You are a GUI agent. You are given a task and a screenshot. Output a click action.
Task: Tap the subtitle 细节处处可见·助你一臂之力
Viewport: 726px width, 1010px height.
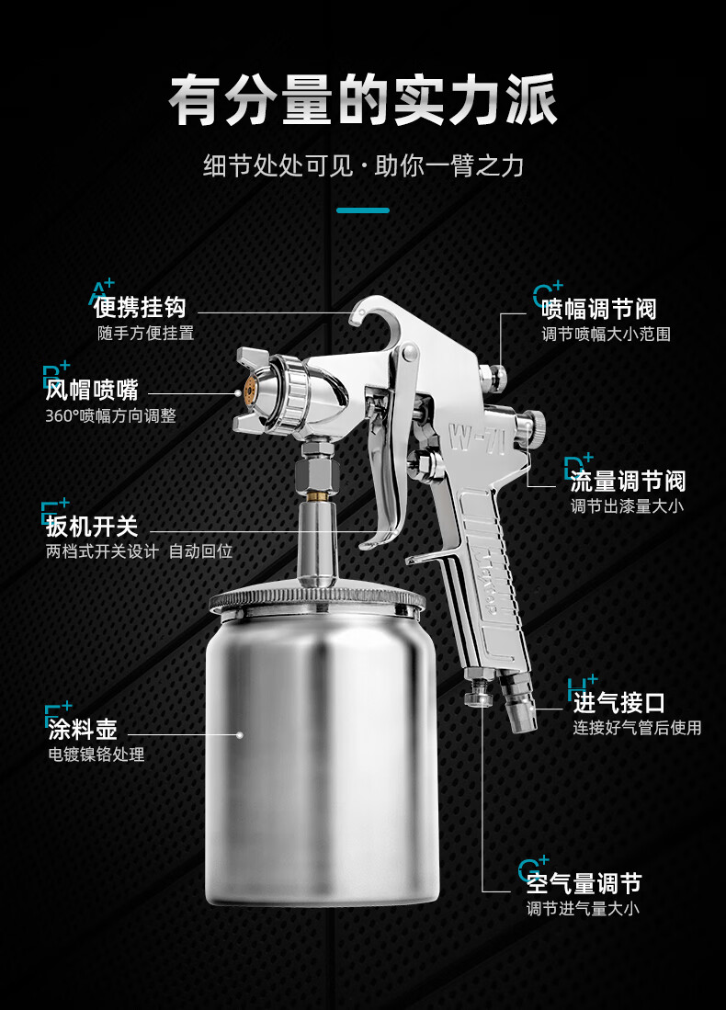pos(363,166)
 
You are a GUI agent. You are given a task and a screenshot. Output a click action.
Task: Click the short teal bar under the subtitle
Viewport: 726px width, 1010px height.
pos(363,210)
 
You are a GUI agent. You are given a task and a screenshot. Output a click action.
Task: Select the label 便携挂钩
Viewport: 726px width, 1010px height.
pos(140,307)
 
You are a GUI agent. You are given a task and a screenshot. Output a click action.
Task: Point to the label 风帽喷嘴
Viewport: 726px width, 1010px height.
pos(92,390)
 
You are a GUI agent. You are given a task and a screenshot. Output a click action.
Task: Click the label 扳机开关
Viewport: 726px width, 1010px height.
pos(92,527)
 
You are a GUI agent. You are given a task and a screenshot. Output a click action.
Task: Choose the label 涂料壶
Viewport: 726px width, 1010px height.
pos(83,730)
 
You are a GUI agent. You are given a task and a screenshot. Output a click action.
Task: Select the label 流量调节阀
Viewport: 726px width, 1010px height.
pos(627,481)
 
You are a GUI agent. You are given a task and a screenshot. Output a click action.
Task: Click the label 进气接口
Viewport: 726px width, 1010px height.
pos(618,703)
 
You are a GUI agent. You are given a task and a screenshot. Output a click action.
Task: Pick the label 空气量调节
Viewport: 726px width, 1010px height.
pos(584,883)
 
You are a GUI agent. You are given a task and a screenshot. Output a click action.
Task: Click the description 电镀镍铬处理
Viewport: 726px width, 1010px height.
pos(96,755)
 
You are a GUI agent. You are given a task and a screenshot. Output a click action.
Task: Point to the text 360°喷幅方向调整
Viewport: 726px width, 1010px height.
pos(110,415)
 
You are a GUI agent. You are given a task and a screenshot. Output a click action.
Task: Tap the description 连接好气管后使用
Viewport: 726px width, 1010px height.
pos(637,728)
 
